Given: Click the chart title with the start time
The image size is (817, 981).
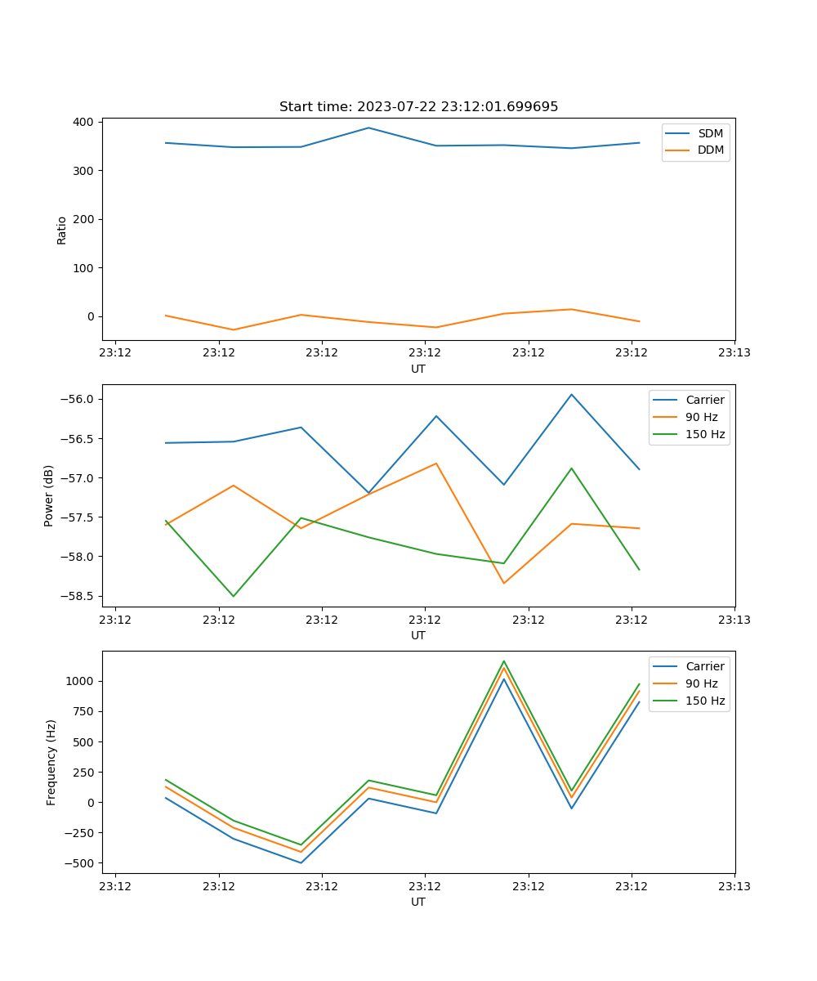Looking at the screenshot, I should point(418,107).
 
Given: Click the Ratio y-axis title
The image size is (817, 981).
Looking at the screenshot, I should point(62,231).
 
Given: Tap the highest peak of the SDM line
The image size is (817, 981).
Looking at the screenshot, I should point(368,128).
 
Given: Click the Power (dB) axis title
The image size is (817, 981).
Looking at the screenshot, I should point(49,495).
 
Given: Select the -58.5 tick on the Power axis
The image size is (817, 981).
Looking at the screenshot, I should point(75,596).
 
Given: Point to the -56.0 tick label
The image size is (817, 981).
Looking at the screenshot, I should point(75,399).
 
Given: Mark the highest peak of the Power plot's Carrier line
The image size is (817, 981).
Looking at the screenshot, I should point(572,395).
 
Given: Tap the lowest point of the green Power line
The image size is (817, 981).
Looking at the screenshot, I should point(234,596).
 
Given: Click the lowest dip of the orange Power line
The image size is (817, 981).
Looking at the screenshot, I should point(504,583).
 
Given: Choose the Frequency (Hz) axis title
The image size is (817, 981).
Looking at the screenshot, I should point(51,762).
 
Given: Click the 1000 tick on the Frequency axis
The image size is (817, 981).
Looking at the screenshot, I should point(79,681).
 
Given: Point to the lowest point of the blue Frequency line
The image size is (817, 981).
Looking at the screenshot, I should point(301,862).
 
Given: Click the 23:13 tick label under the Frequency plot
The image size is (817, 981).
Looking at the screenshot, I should point(734,885).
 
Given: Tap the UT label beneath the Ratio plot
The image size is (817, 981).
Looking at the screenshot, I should point(418,369).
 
